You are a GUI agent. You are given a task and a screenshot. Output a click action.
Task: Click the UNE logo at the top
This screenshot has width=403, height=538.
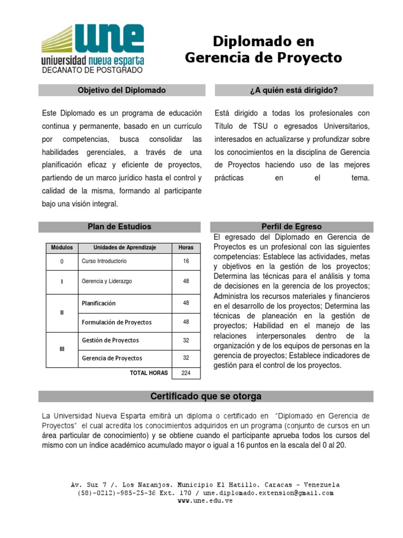tap(92, 45)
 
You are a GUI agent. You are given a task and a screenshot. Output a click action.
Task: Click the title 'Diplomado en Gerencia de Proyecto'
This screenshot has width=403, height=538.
tap(263, 50)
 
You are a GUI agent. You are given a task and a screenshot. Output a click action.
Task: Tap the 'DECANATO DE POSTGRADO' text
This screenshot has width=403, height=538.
tap(92, 70)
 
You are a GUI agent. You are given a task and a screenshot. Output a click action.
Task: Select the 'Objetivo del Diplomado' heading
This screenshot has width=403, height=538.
tap(121, 90)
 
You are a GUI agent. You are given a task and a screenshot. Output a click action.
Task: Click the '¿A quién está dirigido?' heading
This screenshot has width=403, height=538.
tap(294, 90)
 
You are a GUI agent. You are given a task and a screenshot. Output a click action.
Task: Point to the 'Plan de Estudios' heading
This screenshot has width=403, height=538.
tap(119, 226)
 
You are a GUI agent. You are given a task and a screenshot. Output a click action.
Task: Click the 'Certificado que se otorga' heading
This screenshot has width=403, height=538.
tap(206, 396)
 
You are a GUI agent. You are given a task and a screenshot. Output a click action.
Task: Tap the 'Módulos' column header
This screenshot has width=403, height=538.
tap(62, 247)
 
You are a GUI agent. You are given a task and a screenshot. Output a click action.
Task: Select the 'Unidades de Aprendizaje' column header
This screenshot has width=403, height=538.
tap(124, 247)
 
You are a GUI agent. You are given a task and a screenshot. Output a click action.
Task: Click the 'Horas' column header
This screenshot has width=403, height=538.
tap(186, 247)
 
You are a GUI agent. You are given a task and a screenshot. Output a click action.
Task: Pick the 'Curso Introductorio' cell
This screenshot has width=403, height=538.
tap(104, 261)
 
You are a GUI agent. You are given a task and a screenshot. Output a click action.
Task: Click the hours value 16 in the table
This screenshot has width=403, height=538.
tap(186, 261)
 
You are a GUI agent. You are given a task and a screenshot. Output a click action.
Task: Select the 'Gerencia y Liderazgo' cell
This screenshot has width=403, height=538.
tap(107, 282)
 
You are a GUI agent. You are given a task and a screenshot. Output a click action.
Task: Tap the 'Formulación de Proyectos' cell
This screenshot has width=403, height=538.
tap(116, 322)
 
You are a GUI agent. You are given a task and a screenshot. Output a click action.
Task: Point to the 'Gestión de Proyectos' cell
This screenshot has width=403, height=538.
tap(110, 340)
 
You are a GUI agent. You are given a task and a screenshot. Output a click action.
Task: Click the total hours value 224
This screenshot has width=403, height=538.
tap(186, 373)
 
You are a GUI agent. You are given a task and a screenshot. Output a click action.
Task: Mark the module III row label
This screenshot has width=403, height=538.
tap(62, 349)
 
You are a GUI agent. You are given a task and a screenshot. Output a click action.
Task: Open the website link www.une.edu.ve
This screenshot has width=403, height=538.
tap(205, 501)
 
